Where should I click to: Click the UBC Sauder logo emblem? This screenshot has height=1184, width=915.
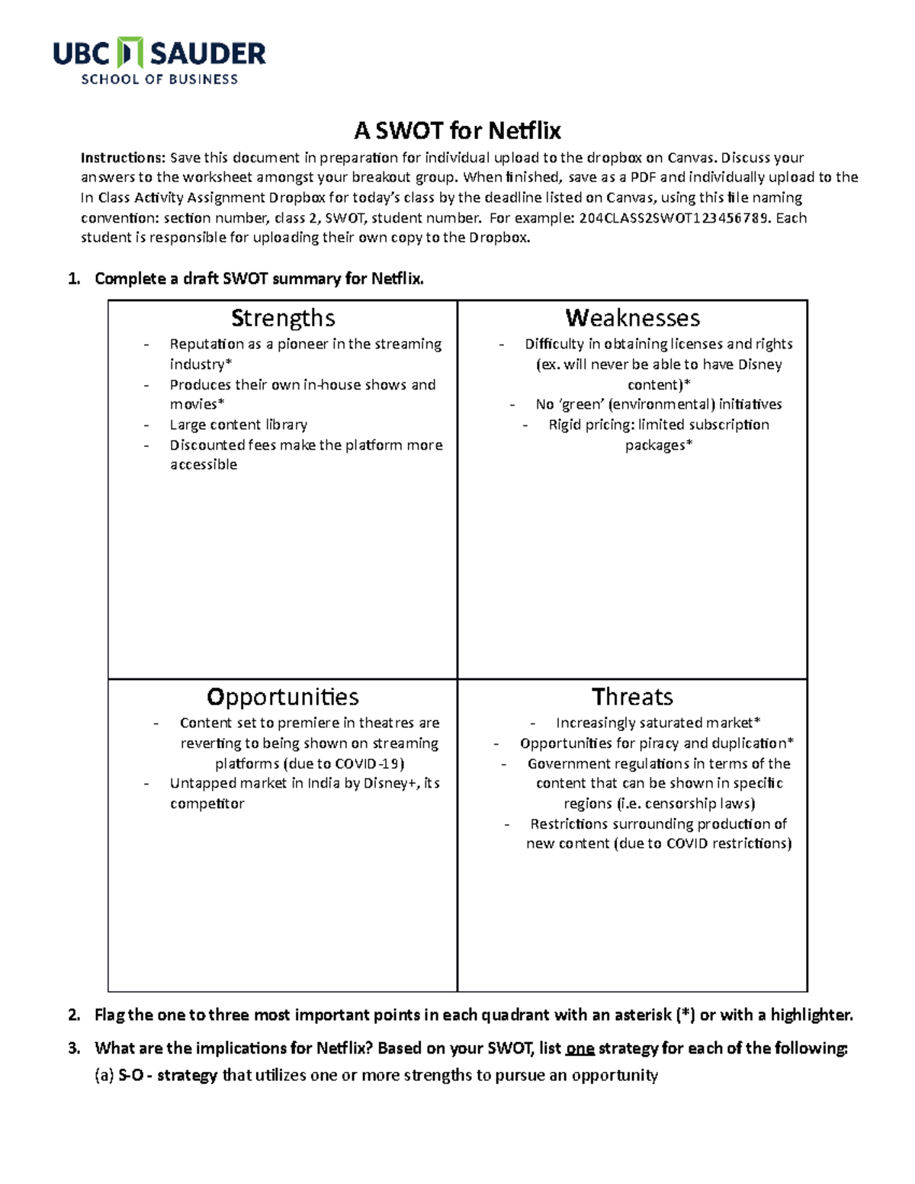131,53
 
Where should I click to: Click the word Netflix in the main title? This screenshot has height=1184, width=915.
525,131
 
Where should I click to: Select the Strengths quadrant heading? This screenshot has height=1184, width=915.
283,318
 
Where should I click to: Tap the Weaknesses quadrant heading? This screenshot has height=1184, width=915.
632,318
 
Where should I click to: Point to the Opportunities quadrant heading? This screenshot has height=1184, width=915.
283,697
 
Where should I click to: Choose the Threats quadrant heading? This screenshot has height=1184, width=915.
632,697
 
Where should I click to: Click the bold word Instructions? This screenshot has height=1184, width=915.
122,158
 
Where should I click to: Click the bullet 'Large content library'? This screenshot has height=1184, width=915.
238,425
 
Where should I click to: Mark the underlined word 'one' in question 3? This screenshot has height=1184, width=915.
579,1048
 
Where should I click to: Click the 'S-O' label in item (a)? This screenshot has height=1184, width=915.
131,1076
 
